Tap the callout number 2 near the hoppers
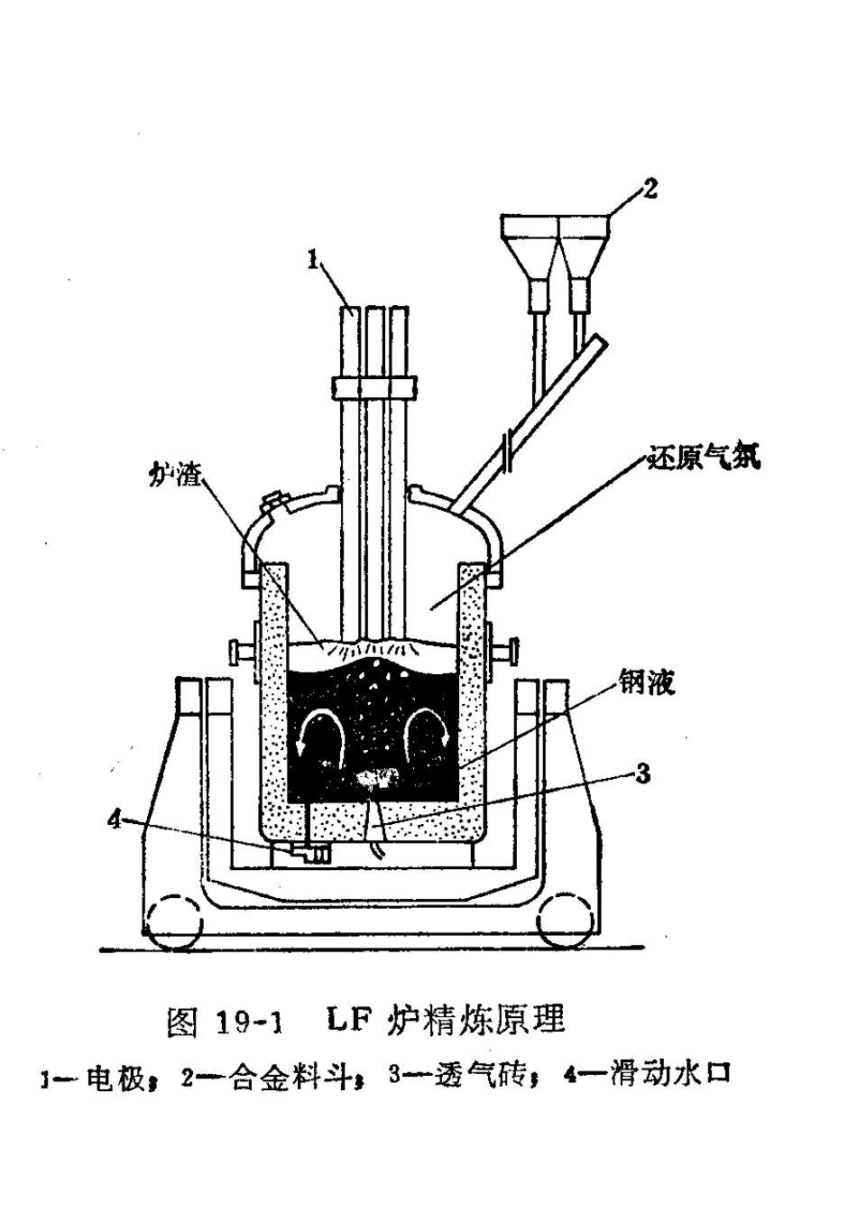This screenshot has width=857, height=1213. pos(650,190)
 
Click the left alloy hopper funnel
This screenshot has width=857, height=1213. pos(529,255)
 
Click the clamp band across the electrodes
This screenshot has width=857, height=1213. pos(374,388)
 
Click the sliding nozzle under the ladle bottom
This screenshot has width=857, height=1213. pos(309,854)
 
